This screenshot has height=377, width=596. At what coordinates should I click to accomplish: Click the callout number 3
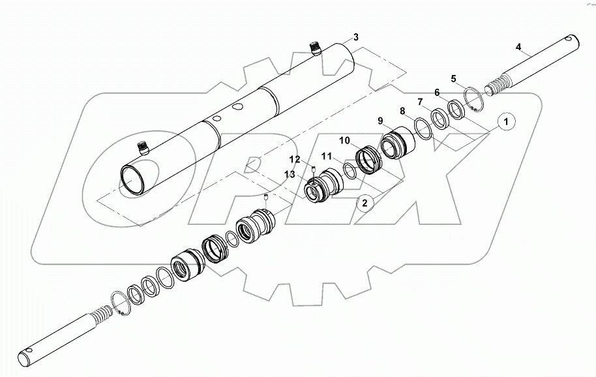(355, 37)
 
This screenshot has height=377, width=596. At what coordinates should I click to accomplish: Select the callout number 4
(518, 47)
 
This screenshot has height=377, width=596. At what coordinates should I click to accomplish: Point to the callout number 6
(437, 93)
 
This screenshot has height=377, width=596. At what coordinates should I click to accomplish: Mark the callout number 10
(344, 141)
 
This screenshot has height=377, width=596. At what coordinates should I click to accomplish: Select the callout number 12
(295, 160)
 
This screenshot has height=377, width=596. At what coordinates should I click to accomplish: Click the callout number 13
(289, 174)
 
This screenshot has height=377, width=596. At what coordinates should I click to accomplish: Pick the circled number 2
(365, 203)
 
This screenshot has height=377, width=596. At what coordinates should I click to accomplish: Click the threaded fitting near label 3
(316, 49)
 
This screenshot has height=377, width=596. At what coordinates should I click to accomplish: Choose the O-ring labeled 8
(421, 129)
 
